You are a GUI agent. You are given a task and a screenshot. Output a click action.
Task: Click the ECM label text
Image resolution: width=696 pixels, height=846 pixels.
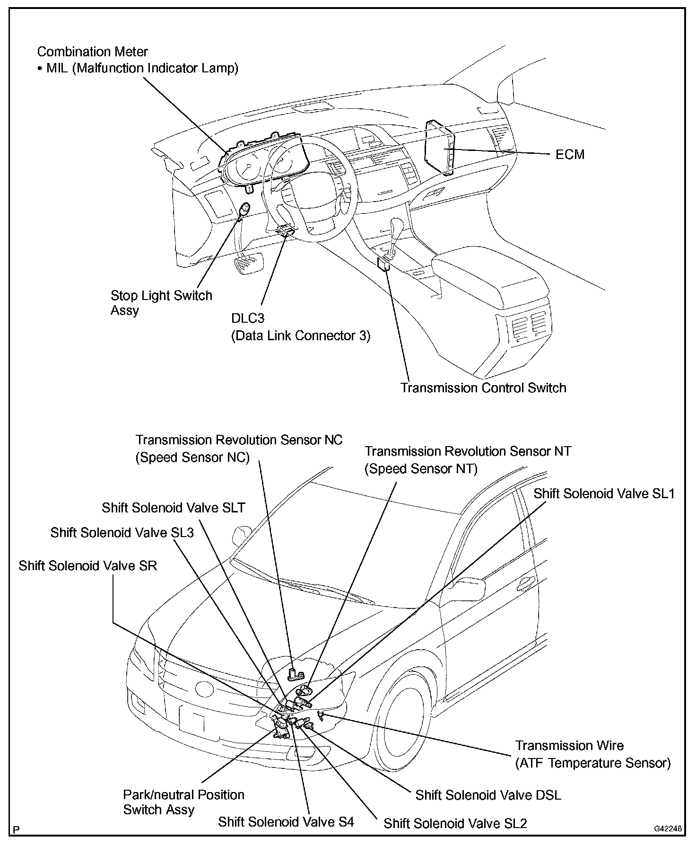pyautogui.click(x=570, y=154)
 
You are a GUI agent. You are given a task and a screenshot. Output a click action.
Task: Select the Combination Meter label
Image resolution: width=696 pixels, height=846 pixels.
pyautogui.click(x=93, y=52)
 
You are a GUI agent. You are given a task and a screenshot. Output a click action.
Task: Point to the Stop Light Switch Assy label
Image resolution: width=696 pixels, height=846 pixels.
pyautogui.click(x=161, y=302)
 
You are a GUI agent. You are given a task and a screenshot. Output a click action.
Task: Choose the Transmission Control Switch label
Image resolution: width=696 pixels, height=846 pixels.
pyautogui.click(x=483, y=388)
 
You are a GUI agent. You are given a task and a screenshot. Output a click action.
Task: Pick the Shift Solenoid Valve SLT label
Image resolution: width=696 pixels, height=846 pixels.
pyautogui.click(x=174, y=508)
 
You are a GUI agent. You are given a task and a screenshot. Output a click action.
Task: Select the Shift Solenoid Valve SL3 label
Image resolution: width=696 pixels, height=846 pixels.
pyautogui.click(x=122, y=532)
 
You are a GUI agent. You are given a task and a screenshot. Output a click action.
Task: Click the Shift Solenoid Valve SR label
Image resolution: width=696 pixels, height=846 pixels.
pyautogui.click(x=87, y=565)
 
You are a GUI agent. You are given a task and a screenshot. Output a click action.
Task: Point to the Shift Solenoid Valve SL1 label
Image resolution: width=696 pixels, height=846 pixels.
pyautogui.click(x=604, y=493)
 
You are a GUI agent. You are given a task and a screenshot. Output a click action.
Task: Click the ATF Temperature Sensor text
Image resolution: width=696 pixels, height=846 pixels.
pyautogui.click(x=593, y=763)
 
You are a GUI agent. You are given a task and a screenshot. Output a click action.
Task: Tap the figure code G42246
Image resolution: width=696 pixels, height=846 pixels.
pyautogui.click(x=668, y=828)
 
